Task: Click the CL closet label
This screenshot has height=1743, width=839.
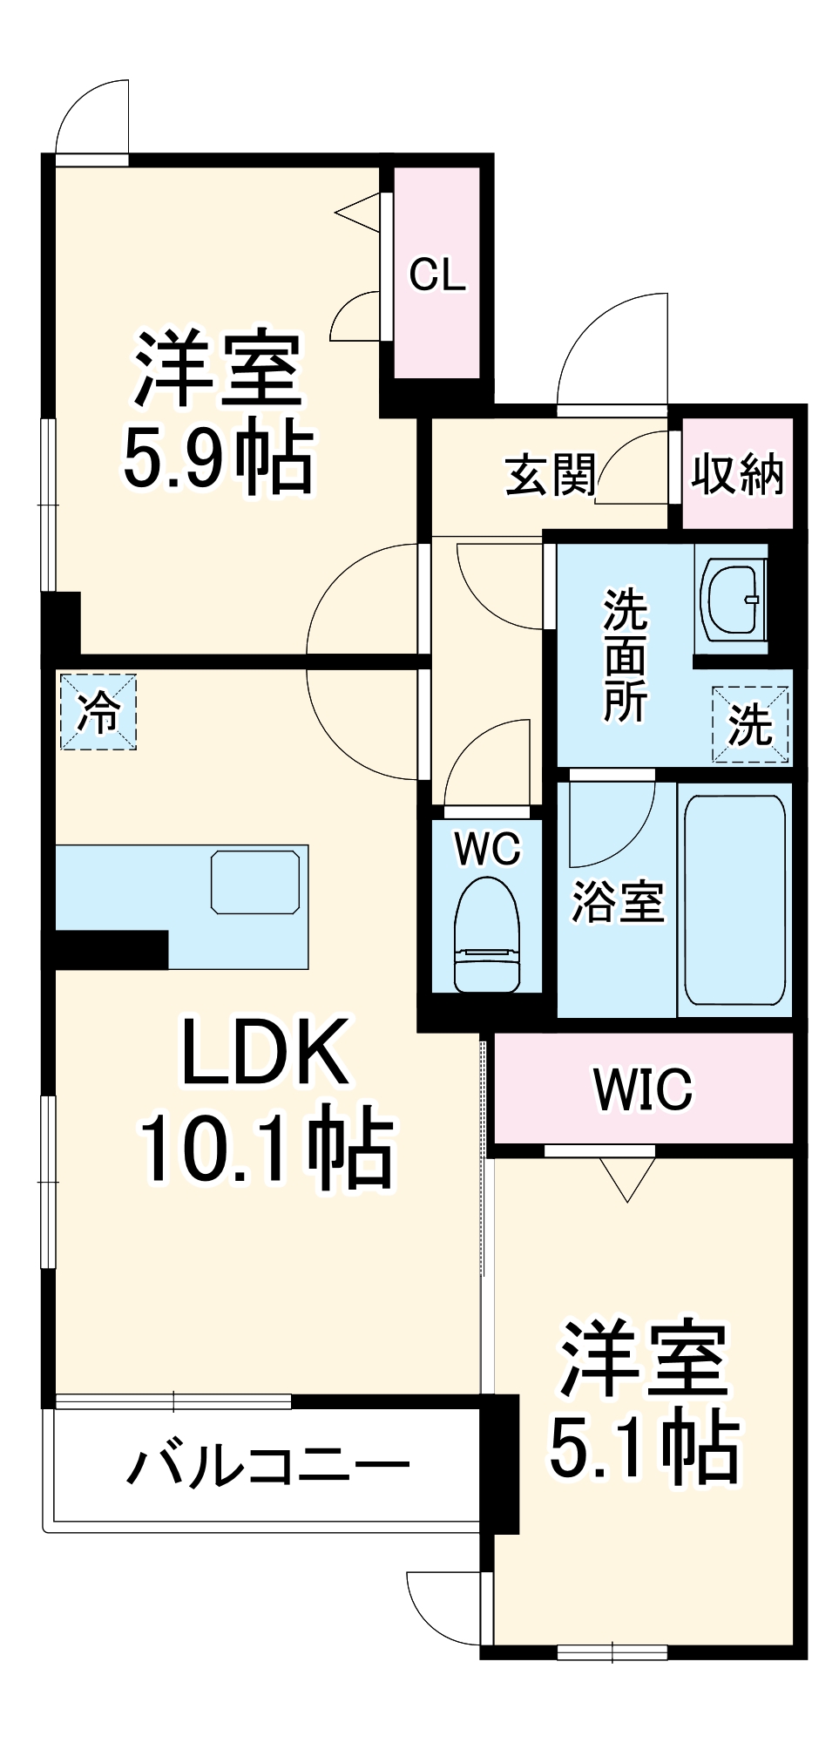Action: pyautogui.click(x=437, y=275)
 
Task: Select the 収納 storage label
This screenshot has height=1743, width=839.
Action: pyautogui.click(x=737, y=476)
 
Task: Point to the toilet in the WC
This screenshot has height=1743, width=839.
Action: pyautogui.click(x=487, y=936)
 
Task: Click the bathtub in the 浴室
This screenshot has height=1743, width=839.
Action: pyautogui.click(x=734, y=899)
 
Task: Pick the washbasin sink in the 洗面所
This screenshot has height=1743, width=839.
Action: pyautogui.click(x=732, y=600)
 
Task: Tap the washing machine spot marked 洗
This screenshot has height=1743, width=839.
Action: pyautogui.click(x=750, y=724)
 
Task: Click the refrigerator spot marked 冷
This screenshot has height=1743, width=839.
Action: pyautogui.click(x=98, y=711)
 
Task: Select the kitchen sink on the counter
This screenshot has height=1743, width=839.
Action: pyautogui.click(x=255, y=882)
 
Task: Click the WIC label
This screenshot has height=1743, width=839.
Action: pyautogui.click(x=643, y=1089)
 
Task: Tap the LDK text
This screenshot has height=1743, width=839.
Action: pyautogui.click(x=264, y=1053)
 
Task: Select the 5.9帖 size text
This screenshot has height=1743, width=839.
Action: pyautogui.click(x=217, y=457)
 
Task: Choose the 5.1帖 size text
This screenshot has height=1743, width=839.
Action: pyautogui.click(x=644, y=1448)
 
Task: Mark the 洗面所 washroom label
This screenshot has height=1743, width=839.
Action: pyautogui.click(x=626, y=655)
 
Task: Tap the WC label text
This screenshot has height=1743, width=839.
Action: pyautogui.click(x=487, y=848)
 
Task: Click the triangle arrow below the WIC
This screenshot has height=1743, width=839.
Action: pyautogui.click(x=627, y=1179)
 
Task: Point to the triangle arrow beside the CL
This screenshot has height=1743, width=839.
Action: pyautogui.click(x=360, y=212)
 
